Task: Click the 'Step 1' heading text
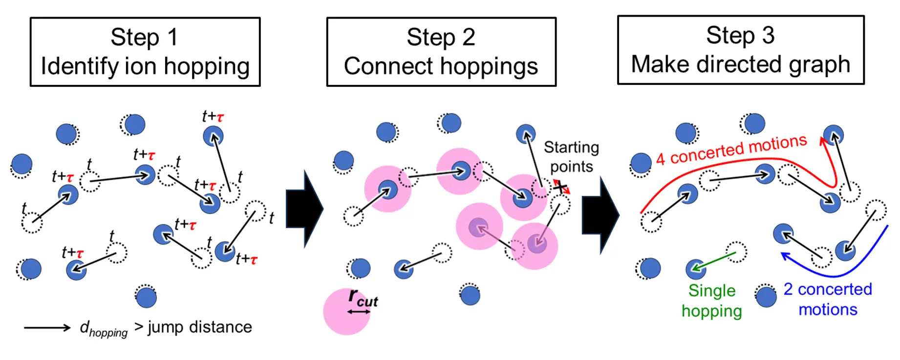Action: tap(144, 37)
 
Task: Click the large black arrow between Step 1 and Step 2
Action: tap(304, 209)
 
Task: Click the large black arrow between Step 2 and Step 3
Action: tap(600, 215)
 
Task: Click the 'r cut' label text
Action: tap(363, 298)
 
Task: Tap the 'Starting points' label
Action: tap(571, 157)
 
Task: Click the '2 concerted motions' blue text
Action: tap(828, 299)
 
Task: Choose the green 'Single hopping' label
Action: tap(712, 301)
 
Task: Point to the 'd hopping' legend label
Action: tap(103, 329)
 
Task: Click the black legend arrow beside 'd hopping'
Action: tap(47, 328)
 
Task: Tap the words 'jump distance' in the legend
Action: tap(200, 327)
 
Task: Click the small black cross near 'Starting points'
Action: tap(560, 187)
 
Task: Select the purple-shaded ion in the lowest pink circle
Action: tap(537, 243)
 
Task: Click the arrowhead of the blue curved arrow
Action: tap(785, 255)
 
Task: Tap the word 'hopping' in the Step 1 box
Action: tap(207, 67)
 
